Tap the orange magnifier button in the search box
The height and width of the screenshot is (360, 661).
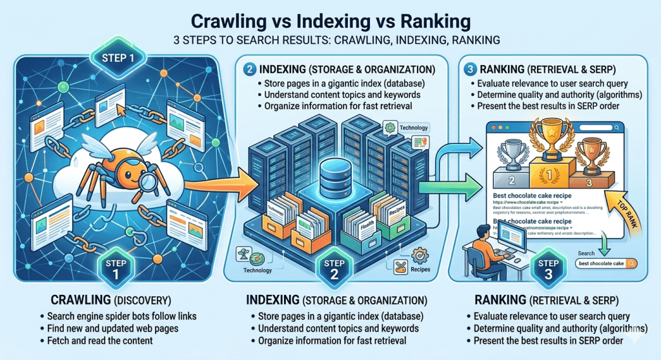click(x=630, y=263)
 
